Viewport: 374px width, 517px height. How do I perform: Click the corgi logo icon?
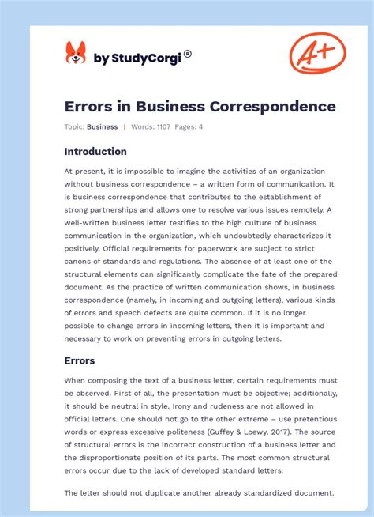tap(76, 54)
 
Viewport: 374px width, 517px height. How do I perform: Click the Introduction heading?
tap(95, 151)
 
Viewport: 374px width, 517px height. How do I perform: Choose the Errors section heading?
tap(80, 360)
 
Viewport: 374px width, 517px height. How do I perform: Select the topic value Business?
tap(102, 126)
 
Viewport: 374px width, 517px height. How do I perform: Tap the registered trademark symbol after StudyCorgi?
tap(188, 55)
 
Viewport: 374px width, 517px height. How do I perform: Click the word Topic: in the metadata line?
tap(74, 126)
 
